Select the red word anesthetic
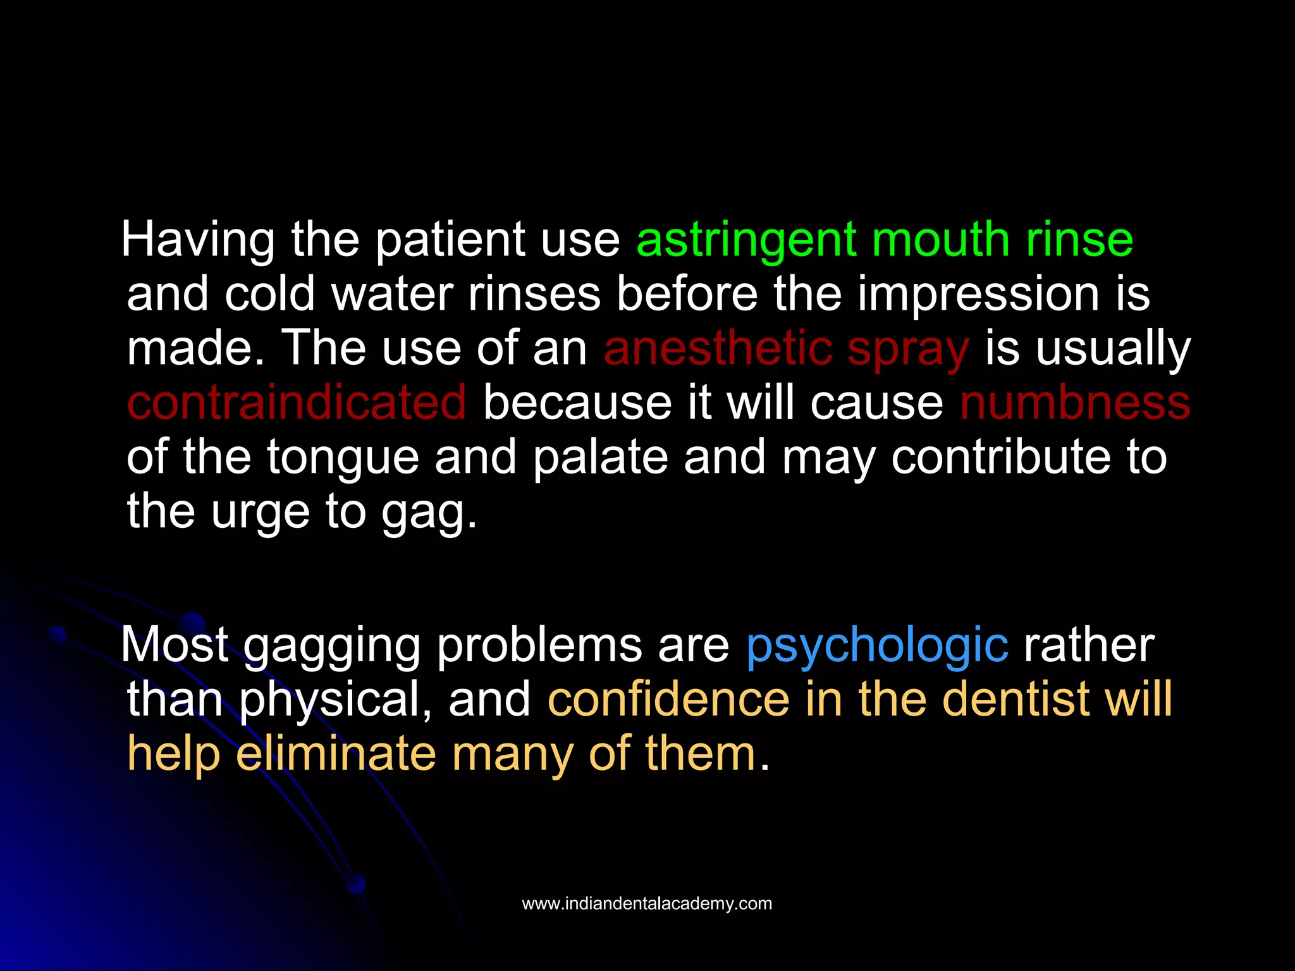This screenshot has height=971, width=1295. click(717, 349)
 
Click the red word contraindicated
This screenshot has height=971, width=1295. click(297, 403)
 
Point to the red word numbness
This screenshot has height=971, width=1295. click(1075, 403)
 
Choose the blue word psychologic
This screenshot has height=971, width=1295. click(877, 646)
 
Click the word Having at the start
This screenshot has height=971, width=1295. click(198, 241)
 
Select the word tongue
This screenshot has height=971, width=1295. click(343, 459)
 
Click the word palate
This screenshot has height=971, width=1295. click(600, 458)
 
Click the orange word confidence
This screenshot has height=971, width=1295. click(668, 699)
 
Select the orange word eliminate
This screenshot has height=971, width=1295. click(336, 754)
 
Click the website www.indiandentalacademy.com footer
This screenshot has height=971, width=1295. click(647, 903)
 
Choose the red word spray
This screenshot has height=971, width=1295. click(907, 350)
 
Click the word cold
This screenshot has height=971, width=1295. click(269, 295)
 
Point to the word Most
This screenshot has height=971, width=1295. click(175, 646)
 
